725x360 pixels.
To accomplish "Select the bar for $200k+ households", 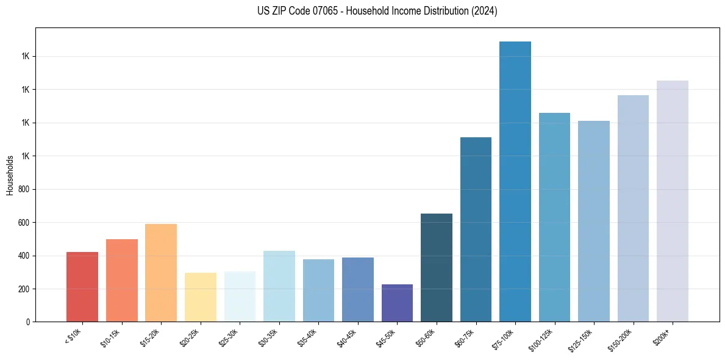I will (x=672, y=201).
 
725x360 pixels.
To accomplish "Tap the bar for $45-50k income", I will (x=397, y=303).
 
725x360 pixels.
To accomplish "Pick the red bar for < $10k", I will (x=82, y=287).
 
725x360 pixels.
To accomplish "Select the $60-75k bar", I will (x=476, y=229).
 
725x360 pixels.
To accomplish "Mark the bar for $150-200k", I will (x=633, y=208).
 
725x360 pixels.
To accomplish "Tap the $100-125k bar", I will (x=554, y=217).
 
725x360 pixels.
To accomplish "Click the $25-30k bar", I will (x=240, y=297).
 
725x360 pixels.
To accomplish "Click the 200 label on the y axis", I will (x=24, y=289).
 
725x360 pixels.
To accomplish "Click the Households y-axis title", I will (x=10, y=175).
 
